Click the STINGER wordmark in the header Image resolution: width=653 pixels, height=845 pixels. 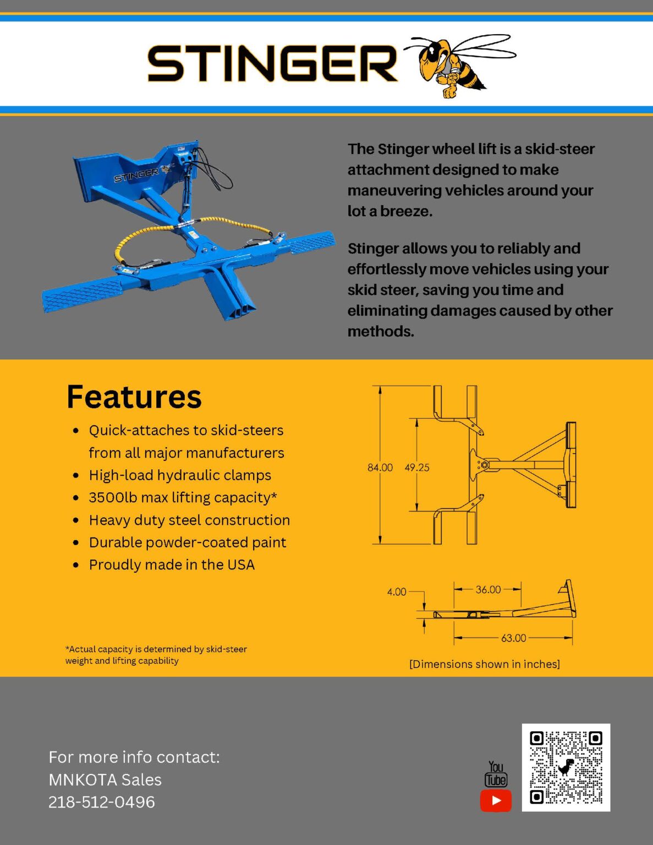point(272,63)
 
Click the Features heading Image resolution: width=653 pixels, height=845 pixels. point(134,397)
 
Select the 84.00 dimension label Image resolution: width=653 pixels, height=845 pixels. point(380,468)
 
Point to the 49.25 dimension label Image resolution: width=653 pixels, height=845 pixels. point(417,468)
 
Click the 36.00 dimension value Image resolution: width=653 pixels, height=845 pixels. point(488,589)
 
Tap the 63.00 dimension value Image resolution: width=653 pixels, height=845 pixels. point(513,638)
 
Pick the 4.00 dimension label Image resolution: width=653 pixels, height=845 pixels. point(396,592)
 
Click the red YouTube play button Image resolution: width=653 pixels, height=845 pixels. point(496,800)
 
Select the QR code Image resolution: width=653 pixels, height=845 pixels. point(566,767)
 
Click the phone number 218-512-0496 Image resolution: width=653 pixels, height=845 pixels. point(102,802)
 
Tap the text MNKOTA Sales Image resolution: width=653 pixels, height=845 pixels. point(105,780)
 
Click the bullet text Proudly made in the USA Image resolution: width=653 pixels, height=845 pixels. point(172,565)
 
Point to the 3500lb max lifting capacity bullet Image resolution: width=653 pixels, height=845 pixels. point(183,497)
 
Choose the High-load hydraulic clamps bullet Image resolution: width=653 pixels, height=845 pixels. point(180,475)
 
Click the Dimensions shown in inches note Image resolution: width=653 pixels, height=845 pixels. point(484,664)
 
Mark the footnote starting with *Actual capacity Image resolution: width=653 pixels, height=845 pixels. point(156,655)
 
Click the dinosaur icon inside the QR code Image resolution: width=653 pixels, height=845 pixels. point(566,766)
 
